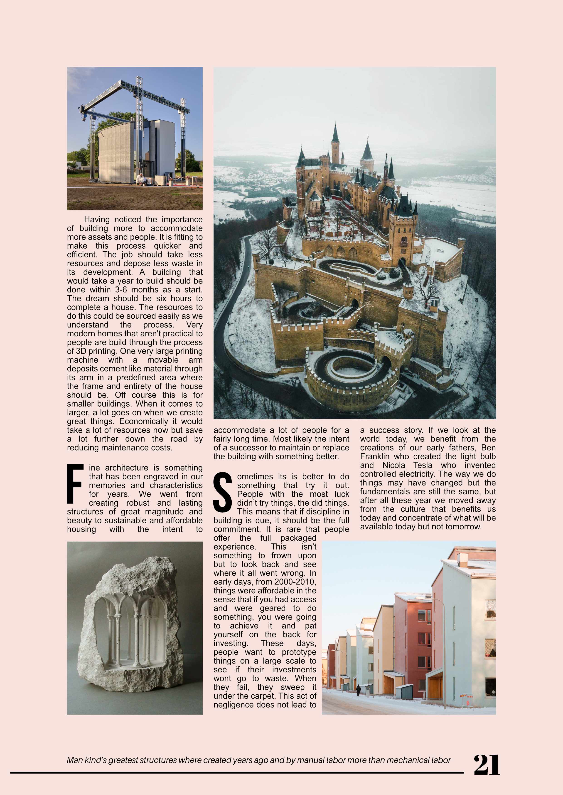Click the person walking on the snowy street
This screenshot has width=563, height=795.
pyautogui.click(x=358, y=690)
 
